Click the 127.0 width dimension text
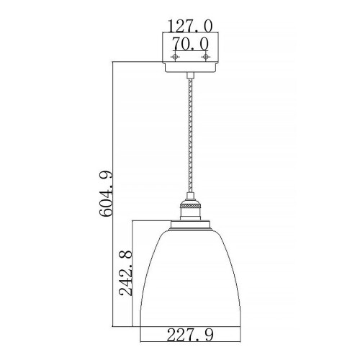pyautogui.click(x=190, y=25)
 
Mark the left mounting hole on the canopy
pyautogui.click(x=174, y=56)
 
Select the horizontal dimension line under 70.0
pyautogui.click(x=189, y=50)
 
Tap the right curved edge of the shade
pyautogui.click(x=234, y=288)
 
